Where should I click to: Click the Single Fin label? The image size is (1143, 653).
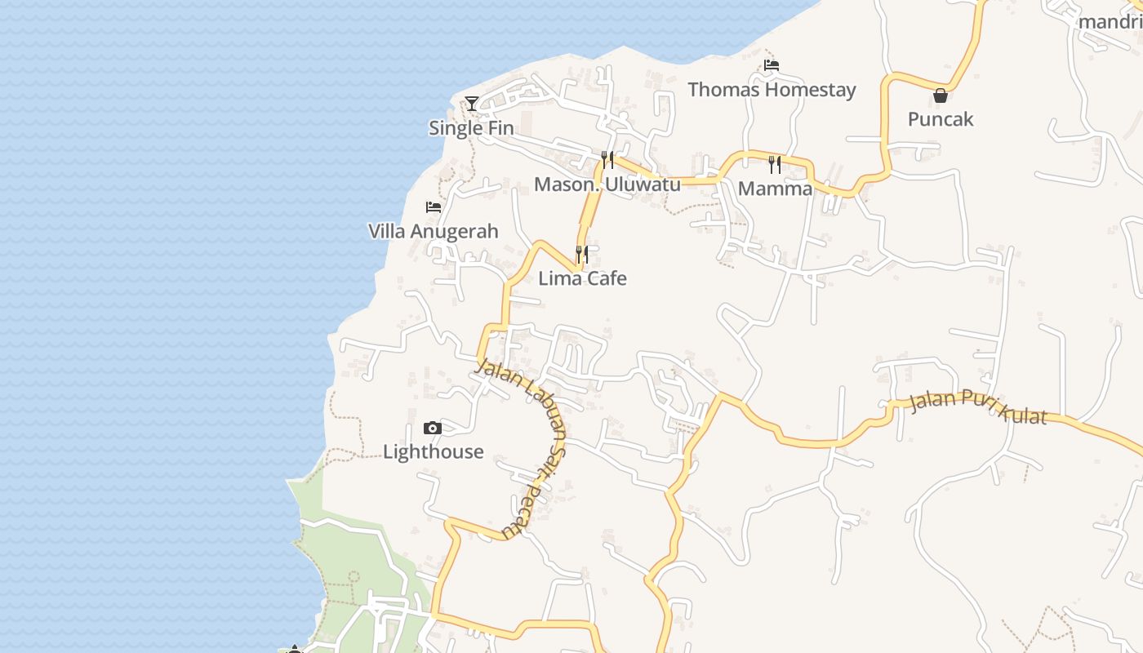coord(471,128)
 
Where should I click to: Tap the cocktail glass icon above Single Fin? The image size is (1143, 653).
coord(472,103)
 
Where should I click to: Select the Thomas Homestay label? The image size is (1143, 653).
coord(772,90)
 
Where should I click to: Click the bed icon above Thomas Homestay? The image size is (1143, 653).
coord(772,64)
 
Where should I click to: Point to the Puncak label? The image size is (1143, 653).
coord(941,119)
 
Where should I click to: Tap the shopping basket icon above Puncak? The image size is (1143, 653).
coord(941,95)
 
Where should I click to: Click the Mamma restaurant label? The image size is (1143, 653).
coord(775,189)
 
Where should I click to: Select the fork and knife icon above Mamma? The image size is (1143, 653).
coord(775,165)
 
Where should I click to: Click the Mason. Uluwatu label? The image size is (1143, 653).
coord(607,184)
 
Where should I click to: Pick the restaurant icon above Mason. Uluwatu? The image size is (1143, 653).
coord(607,159)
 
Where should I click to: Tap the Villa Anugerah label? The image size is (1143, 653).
coord(433,232)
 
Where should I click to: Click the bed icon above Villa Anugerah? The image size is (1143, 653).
coord(434,207)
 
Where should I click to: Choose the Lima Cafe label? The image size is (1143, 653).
coord(582,278)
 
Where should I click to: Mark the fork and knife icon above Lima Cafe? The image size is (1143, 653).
coord(581,255)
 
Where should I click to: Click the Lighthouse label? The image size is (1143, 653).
coord(433,452)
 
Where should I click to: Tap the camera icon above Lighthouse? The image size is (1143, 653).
coord(433,428)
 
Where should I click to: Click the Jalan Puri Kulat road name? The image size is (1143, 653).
coord(977,408)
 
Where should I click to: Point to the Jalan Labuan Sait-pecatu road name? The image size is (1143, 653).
coord(523,445)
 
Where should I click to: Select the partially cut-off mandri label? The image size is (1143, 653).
coord(1110,22)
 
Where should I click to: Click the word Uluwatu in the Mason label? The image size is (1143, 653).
coord(643,184)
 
